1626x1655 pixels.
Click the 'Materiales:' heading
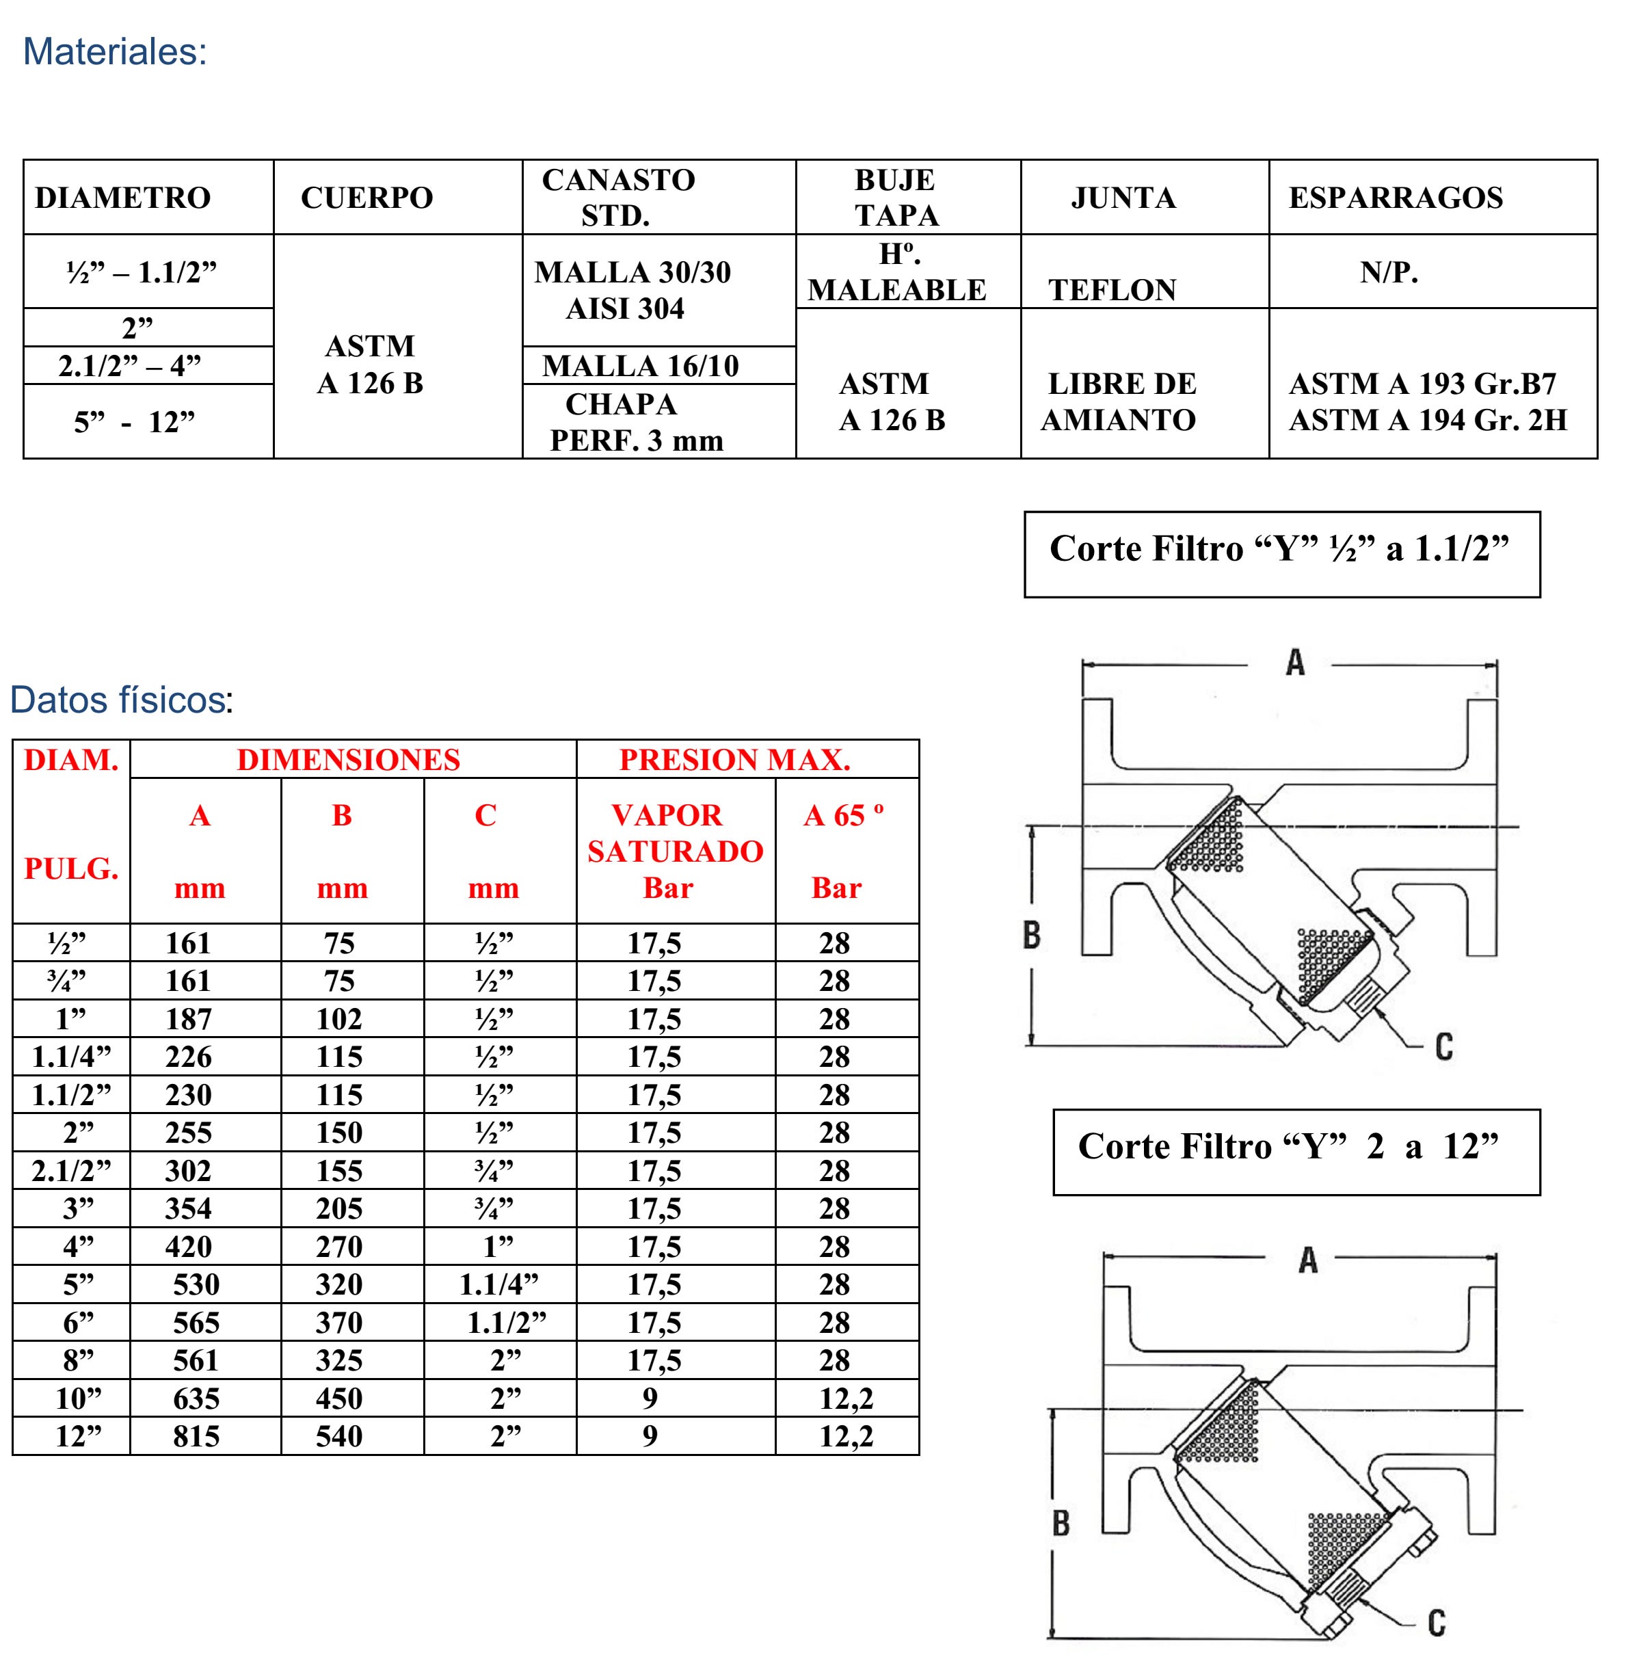[x=114, y=52]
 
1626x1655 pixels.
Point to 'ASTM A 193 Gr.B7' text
[x=1422, y=384]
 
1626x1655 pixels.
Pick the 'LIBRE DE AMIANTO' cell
[x=1119, y=402]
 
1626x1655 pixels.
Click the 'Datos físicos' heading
[x=120, y=700]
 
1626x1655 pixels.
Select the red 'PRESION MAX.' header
[x=734, y=760]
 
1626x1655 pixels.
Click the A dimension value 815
[x=196, y=1436]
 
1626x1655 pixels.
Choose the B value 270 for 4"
[x=339, y=1247]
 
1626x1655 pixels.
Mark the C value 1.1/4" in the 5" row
[x=498, y=1284]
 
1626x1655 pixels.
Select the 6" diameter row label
[x=78, y=1323]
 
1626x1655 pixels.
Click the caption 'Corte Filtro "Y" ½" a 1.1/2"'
[x=1279, y=549]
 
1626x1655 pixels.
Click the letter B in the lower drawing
[x=1061, y=1522]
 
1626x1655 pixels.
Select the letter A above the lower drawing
[x=1307, y=1260]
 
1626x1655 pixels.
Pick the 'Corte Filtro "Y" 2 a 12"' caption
[x=1288, y=1147]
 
